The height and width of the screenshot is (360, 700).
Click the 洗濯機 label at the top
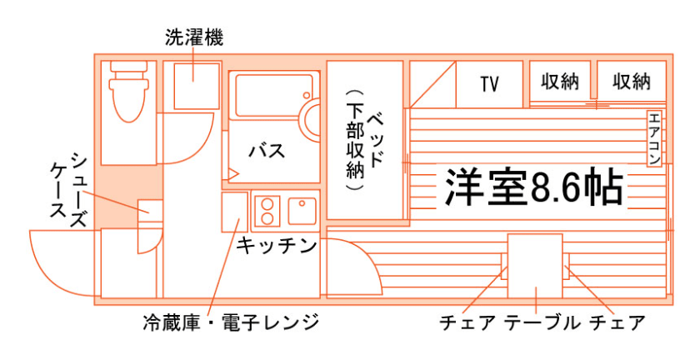tap(194, 37)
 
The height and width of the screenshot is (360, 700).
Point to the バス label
tap(267, 152)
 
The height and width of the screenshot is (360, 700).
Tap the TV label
tap(489, 83)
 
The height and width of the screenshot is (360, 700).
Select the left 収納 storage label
tap(560, 82)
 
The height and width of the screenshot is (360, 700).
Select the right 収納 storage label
tap(631, 82)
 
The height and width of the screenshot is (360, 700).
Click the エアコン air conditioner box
tap(654, 137)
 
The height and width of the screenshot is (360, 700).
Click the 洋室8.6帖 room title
tap(533, 188)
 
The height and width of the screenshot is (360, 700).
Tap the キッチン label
tap(277, 245)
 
